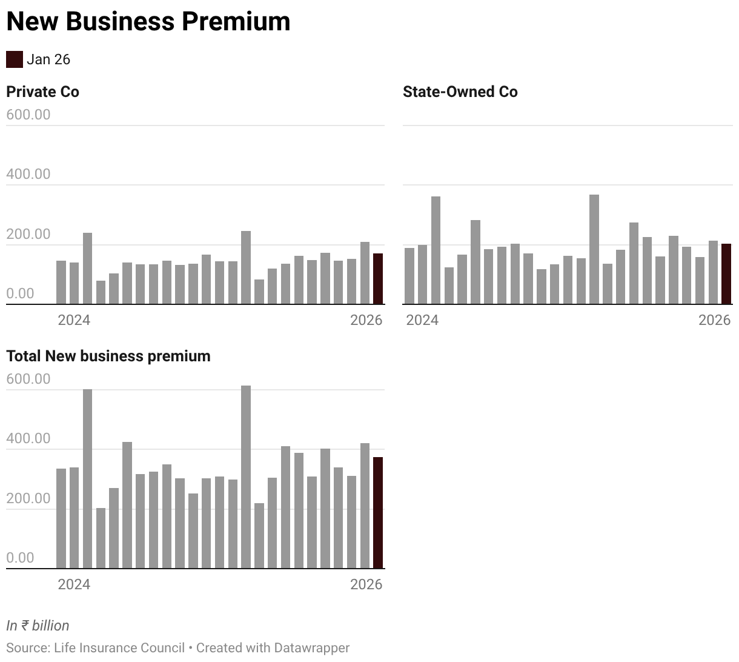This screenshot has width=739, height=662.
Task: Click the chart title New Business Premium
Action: [x=148, y=22]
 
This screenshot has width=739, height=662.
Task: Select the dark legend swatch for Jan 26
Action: [x=14, y=59]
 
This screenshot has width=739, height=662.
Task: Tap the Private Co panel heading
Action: [x=42, y=92]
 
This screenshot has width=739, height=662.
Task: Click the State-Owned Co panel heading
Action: [x=460, y=92]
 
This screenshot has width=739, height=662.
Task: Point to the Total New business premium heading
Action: [x=108, y=356]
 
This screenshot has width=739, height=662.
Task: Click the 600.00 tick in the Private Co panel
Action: [x=28, y=115]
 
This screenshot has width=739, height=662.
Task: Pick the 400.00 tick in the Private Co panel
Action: [x=28, y=174]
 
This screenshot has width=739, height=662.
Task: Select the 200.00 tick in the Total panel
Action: [x=28, y=498]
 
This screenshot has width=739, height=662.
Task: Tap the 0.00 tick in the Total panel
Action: [x=20, y=558]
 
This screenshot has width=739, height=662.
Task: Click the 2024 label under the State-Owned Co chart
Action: [x=422, y=320]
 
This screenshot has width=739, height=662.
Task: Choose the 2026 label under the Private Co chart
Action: [x=366, y=320]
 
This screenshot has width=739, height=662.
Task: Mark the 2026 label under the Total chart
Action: [x=366, y=584]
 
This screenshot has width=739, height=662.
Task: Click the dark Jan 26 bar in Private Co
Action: [x=377, y=279]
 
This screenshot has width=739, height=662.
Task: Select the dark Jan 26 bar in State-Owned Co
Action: [x=726, y=274]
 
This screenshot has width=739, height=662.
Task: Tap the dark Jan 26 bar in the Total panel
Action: [x=377, y=513]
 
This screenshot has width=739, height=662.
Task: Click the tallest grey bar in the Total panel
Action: [x=246, y=477]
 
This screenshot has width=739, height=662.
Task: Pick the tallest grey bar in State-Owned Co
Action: [x=594, y=249]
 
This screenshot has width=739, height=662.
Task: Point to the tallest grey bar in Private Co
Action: [x=246, y=267]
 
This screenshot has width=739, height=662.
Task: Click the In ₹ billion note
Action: [x=38, y=626]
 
